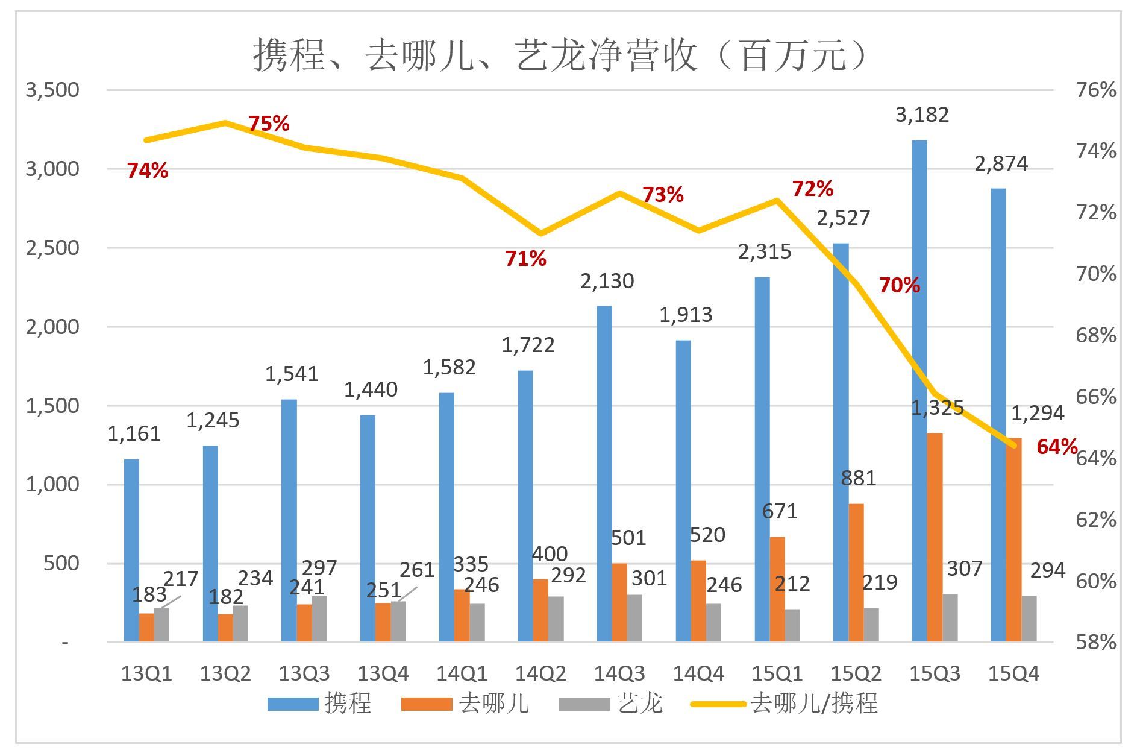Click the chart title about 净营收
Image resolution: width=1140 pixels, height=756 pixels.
coord(560,55)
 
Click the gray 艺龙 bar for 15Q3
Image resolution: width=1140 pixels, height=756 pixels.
coord(950,617)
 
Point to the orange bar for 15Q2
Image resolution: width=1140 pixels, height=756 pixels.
coord(856,572)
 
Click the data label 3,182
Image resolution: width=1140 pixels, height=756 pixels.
coord(922,115)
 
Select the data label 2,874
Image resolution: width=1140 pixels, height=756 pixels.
coord(1001,163)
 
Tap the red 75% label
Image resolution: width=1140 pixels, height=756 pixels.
coord(269,124)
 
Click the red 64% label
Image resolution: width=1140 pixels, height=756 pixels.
coord(1057,447)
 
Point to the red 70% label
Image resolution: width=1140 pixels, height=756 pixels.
coord(899,285)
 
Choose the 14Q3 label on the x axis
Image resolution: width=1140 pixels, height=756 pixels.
coord(619,673)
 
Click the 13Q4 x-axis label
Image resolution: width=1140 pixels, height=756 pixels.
coord(383,673)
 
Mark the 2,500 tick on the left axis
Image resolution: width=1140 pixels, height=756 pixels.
coord(52,248)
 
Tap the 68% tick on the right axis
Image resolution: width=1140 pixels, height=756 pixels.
coord(1095,335)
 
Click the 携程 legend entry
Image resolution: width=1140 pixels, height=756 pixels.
coord(320,704)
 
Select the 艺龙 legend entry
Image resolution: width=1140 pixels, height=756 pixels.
coord(611,704)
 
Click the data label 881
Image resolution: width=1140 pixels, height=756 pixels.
coord(858,478)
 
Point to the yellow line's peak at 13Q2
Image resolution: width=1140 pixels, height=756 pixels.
coord(225,122)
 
